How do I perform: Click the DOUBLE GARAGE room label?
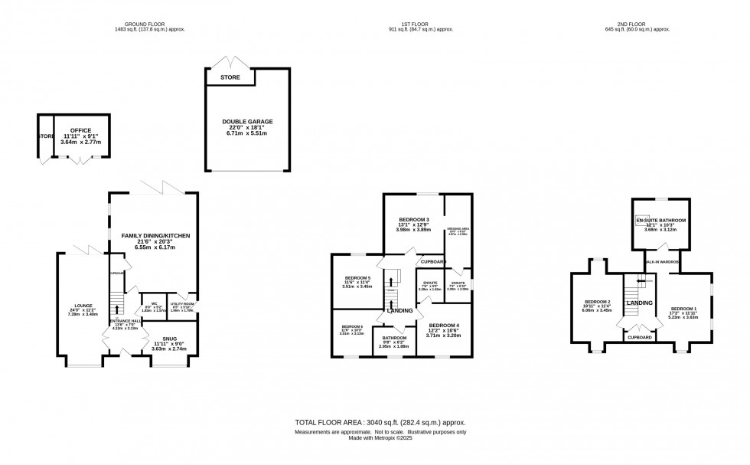click(247, 122)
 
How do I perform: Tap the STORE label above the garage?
click(230, 77)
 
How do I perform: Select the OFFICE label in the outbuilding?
click(80, 131)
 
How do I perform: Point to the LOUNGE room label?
click(83, 304)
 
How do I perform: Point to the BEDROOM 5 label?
click(357, 277)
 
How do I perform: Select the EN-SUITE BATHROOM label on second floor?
click(660, 220)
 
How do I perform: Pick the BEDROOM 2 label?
click(598, 302)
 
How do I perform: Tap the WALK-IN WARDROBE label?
click(663, 261)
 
